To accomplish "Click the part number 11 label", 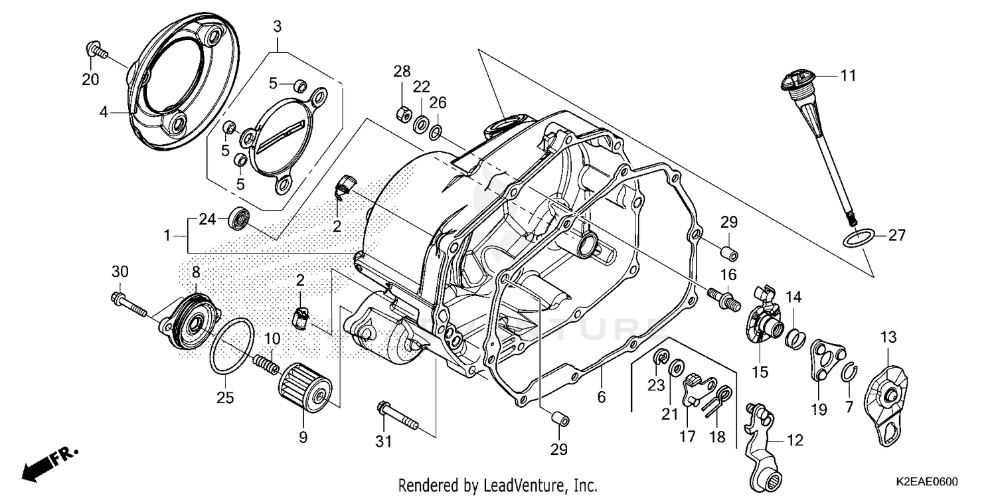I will coord(848,76).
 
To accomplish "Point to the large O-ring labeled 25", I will coord(230,345).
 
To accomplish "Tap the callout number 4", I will coord(103,112).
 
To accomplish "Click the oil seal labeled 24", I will coord(240,218).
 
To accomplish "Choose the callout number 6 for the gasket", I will coord(601,396).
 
